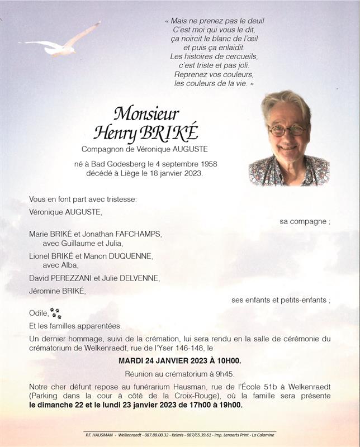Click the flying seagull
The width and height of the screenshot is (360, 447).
click(61, 44)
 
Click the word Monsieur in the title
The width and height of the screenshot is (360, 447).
click(146, 113)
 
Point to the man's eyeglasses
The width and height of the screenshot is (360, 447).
click(287, 130)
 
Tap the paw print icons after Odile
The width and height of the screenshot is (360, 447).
click(55, 313)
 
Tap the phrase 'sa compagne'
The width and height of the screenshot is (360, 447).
click(304, 221)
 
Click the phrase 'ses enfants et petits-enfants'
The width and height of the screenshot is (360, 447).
click(279, 300)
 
